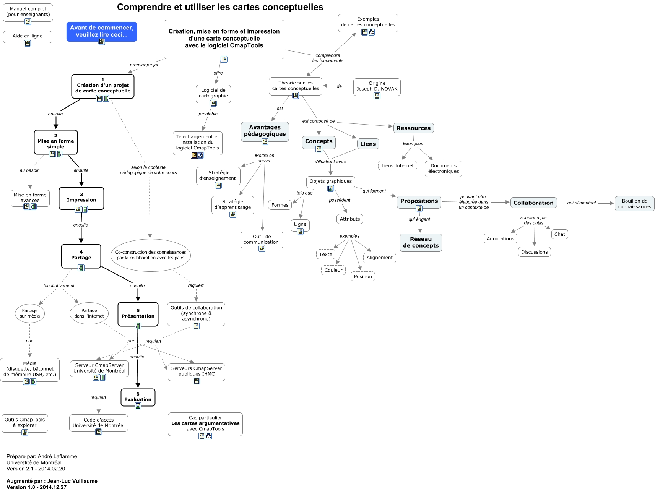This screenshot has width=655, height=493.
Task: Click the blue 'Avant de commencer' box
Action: pos(101,31)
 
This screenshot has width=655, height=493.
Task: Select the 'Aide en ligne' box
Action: pos(28,36)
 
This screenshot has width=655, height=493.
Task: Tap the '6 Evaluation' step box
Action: pos(138,397)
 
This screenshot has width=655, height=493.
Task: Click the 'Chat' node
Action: pos(559,234)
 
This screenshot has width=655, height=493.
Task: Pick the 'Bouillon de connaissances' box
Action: pos(634,204)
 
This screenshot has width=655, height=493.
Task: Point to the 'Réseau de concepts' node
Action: pos(421,242)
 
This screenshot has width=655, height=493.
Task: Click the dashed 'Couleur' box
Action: pos(333,270)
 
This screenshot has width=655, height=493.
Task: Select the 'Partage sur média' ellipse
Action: pos(30,313)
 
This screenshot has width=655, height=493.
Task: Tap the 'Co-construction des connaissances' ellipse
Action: pos(151,255)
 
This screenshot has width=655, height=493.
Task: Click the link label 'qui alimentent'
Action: pos(581,203)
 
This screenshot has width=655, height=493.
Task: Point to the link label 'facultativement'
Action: pos(59,286)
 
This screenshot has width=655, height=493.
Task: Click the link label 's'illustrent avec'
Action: pos(330,162)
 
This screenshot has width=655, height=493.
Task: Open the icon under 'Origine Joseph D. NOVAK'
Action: pos(377,96)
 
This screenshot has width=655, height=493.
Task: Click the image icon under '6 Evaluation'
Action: pos(138,406)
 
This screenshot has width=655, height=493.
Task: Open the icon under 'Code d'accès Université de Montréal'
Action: pos(99,432)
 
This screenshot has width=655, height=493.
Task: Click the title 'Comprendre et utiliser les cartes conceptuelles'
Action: pos(220,7)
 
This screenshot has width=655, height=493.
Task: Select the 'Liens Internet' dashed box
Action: pos(397,166)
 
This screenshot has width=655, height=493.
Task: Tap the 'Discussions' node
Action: pos(534,252)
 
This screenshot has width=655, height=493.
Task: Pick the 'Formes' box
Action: pos(280,205)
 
